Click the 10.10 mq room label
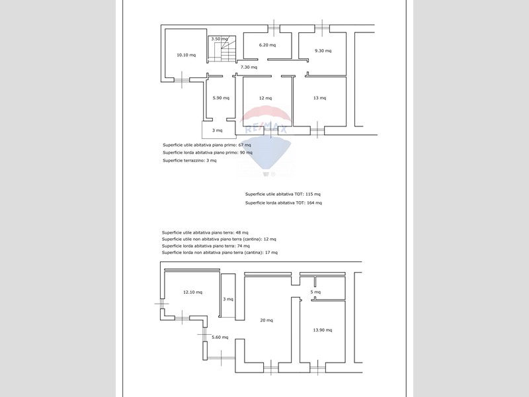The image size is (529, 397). [186, 55]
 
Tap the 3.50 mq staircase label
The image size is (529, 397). [220, 39]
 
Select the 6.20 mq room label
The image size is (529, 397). [267, 45]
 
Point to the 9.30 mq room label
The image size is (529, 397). [323, 51]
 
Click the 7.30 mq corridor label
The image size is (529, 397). [249, 67]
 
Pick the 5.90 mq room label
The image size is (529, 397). [221, 98]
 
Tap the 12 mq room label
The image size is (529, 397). [265, 98]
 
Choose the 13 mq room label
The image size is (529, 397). [319, 98]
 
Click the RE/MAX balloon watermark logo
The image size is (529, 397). [266, 141]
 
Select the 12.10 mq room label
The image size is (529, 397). [192, 292]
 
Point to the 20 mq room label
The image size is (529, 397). [266, 320]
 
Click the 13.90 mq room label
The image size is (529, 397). [323, 330]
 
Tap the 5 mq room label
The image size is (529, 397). [315, 292]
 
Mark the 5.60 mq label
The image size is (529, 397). [220, 337]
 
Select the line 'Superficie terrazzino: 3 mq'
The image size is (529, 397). [190, 161]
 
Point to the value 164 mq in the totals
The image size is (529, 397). [315, 203]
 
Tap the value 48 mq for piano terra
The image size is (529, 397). [242, 233]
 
